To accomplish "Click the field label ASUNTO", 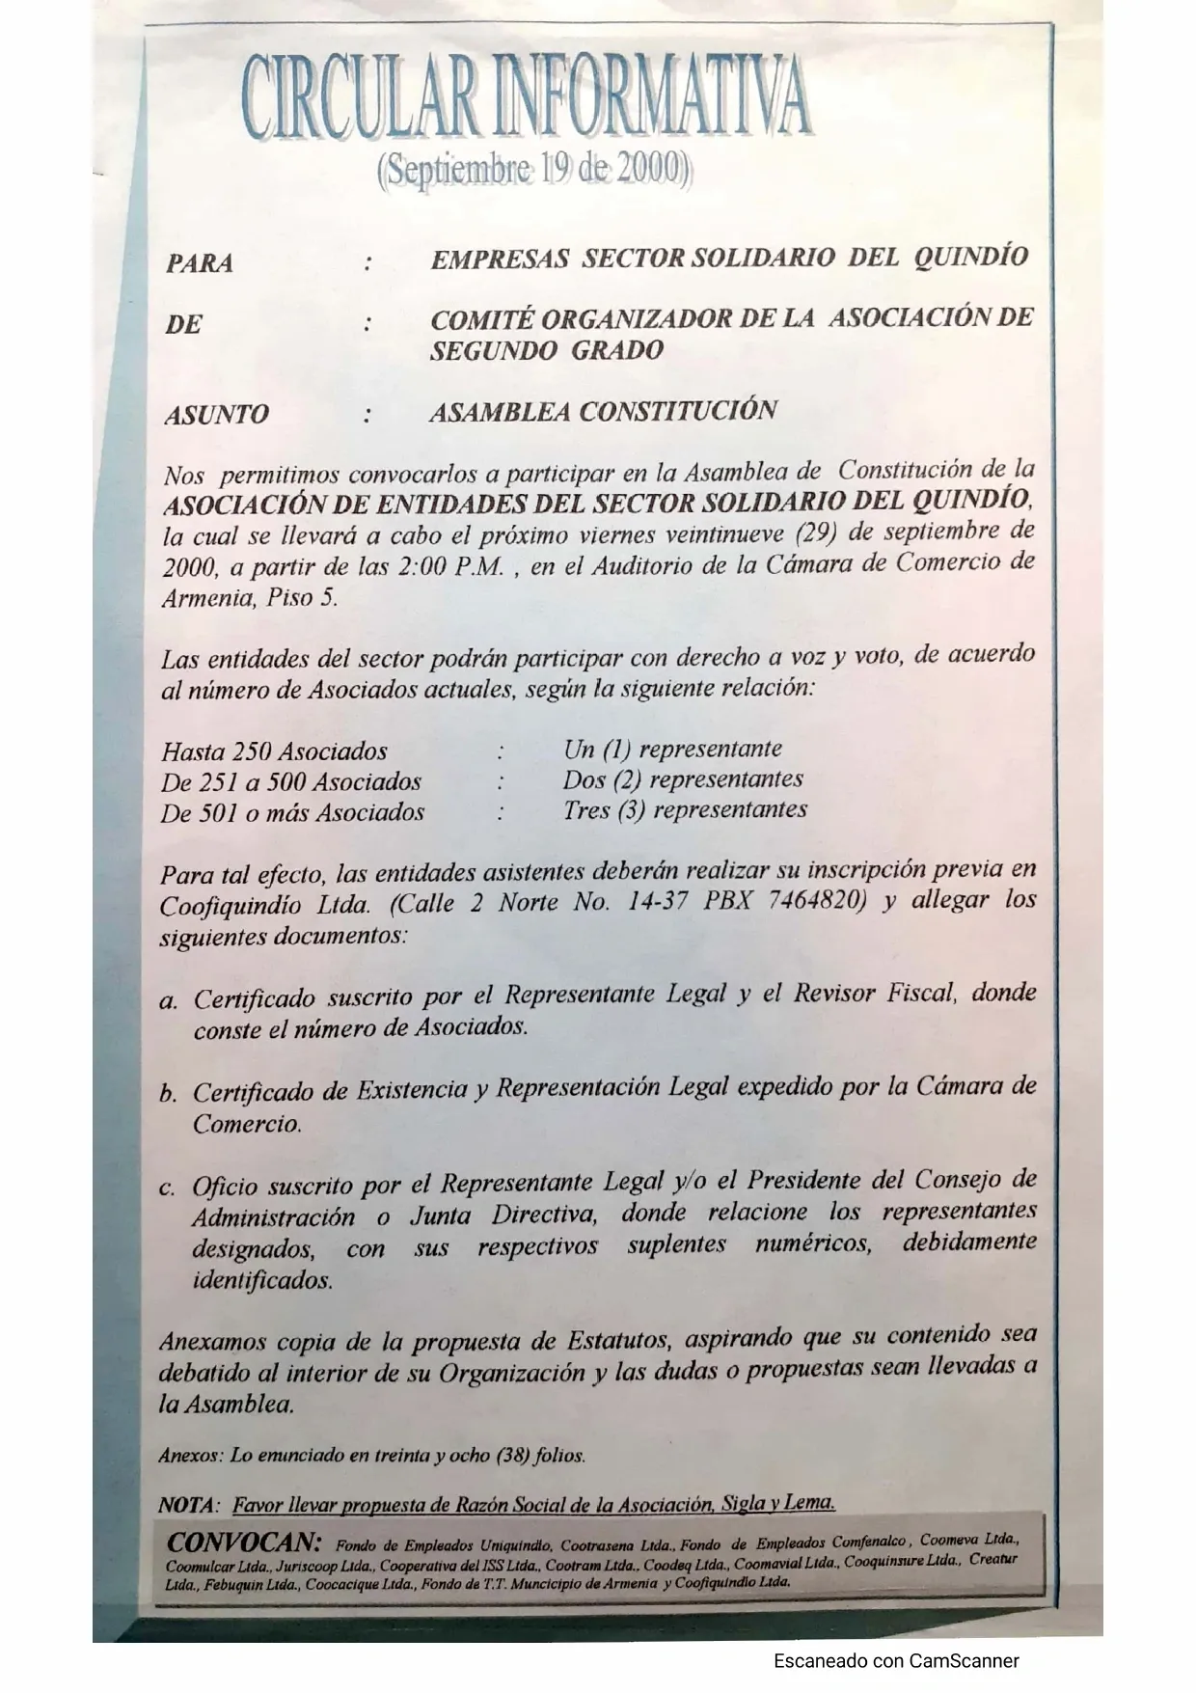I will [x=217, y=416].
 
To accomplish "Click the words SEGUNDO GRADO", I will [x=547, y=351].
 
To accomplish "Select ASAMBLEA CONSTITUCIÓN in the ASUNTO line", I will [x=603, y=412].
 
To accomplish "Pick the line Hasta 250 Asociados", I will [x=274, y=751].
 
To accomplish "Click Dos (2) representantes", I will [x=683, y=779].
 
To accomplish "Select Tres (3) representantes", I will [x=685, y=810].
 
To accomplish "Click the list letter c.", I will [x=168, y=1188].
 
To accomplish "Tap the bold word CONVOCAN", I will [x=244, y=1542].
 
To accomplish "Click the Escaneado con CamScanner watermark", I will [x=896, y=1660].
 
